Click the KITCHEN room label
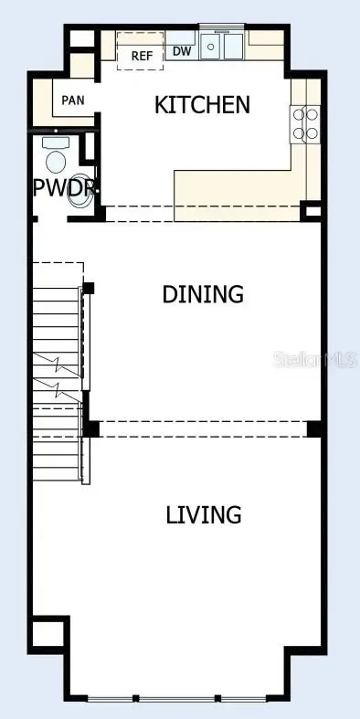[x=202, y=104]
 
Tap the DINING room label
[x=203, y=294]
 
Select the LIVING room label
[x=204, y=514]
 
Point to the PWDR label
[x=64, y=188]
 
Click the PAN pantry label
[x=73, y=100]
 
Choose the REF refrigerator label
[x=142, y=56]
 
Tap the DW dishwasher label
[x=182, y=51]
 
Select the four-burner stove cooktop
[x=306, y=124]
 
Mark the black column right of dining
[x=315, y=428]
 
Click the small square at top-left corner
[x=81, y=41]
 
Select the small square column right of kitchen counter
[x=312, y=213]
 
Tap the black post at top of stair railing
[x=89, y=289]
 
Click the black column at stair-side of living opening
[x=91, y=428]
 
